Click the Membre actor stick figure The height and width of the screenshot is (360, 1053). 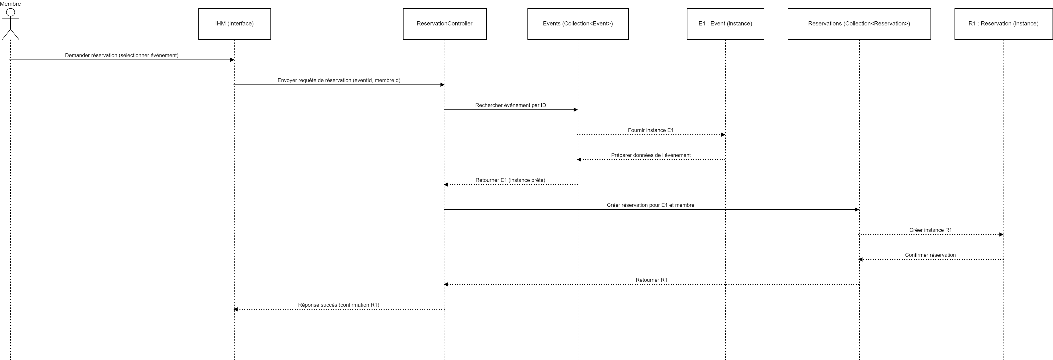click(11, 24)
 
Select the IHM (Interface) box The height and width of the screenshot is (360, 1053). click(234, 24)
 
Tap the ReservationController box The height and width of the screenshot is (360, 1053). click(444, 24)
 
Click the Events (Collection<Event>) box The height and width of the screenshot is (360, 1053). click(578, 24)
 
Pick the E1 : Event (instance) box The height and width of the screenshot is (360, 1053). click(725, 24)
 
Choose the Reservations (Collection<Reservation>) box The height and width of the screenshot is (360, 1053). click(859, 24)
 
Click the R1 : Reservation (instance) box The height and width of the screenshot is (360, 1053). click(1003, 24)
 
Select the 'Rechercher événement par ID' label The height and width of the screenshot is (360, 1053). click(510, 105)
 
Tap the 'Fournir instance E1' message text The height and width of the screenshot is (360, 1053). click(650, 130)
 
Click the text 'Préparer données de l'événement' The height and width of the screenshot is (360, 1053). click(651, 155)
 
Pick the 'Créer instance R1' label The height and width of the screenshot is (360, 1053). click(930, 230)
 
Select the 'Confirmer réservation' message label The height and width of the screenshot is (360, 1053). click(930, 255)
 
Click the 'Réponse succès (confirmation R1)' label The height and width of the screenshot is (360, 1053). click(338, 304)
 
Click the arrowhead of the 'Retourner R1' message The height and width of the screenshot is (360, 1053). click(446, 284)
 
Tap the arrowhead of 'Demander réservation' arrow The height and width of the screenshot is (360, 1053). click(232, 60)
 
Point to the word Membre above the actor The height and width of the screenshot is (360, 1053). click(11, 4)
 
